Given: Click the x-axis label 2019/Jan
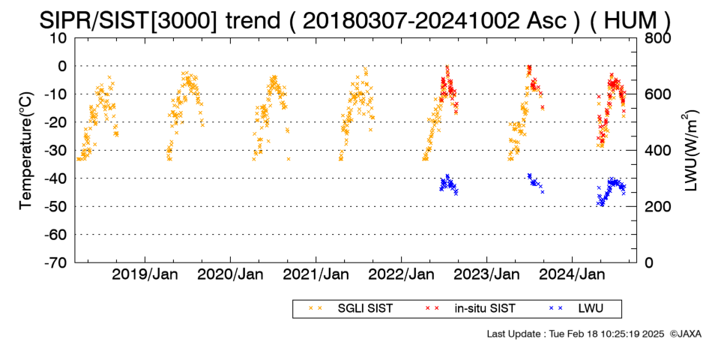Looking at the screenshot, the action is pyautogui.click(x=145, y=274).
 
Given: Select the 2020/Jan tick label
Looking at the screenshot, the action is pyautogui.click(x=230, y=274).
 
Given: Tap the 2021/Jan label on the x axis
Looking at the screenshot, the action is pyautogui.click(x=316, y=274).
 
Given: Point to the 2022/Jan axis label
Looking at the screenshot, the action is pyautogui.click(x=402, y=274).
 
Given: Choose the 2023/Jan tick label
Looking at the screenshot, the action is pyautogui.click(x=486, y=274).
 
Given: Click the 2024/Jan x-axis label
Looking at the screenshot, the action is pyautogui.click(x=572, y=274).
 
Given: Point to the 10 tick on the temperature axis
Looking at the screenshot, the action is pyautogui.click(x=59, y=38).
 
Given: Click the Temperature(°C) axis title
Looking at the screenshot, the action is pyautogui.click(x=26, y=151).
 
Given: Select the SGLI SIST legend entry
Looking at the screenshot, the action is pyautogui.click(x=351, y=309).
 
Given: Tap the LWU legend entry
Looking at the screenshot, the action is pyautogui.click(x=576, y=309).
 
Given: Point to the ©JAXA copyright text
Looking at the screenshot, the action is pyautogui.click(x=685, y=334).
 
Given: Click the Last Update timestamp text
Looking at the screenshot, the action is pyautogui.click(x=576, y=334).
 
